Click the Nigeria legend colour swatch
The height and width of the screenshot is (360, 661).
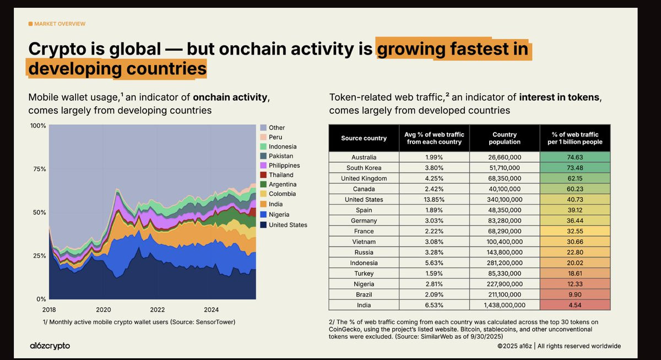[x=263, y=214]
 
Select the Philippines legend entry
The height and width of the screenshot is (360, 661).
[x=280, y=165]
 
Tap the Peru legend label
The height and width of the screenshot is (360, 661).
[x=275, y=137]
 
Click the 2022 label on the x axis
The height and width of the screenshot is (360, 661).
[x=158, y=309]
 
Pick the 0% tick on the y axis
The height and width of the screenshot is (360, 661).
[x=41, y=299]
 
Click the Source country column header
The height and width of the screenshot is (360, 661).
[x=364, y=138]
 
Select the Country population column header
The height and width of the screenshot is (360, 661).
[x=505, y=138]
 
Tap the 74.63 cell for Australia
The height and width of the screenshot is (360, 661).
[x=575, y=157]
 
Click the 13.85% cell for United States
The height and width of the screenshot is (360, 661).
[x=434, y=200]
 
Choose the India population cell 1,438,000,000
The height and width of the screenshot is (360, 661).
[x=505, y=305]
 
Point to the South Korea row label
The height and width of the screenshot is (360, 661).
[x=364, y=168]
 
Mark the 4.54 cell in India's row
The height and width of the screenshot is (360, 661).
[x=575, y=305]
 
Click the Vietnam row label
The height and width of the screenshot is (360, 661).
[x=364, y=242]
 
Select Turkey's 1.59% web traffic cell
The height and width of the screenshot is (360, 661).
[x=434, y=274]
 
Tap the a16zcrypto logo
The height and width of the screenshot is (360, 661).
[x=50, y=346]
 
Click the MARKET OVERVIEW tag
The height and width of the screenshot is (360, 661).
[x=57, y=24]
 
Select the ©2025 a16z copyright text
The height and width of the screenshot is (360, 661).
[x=514, y=346]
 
